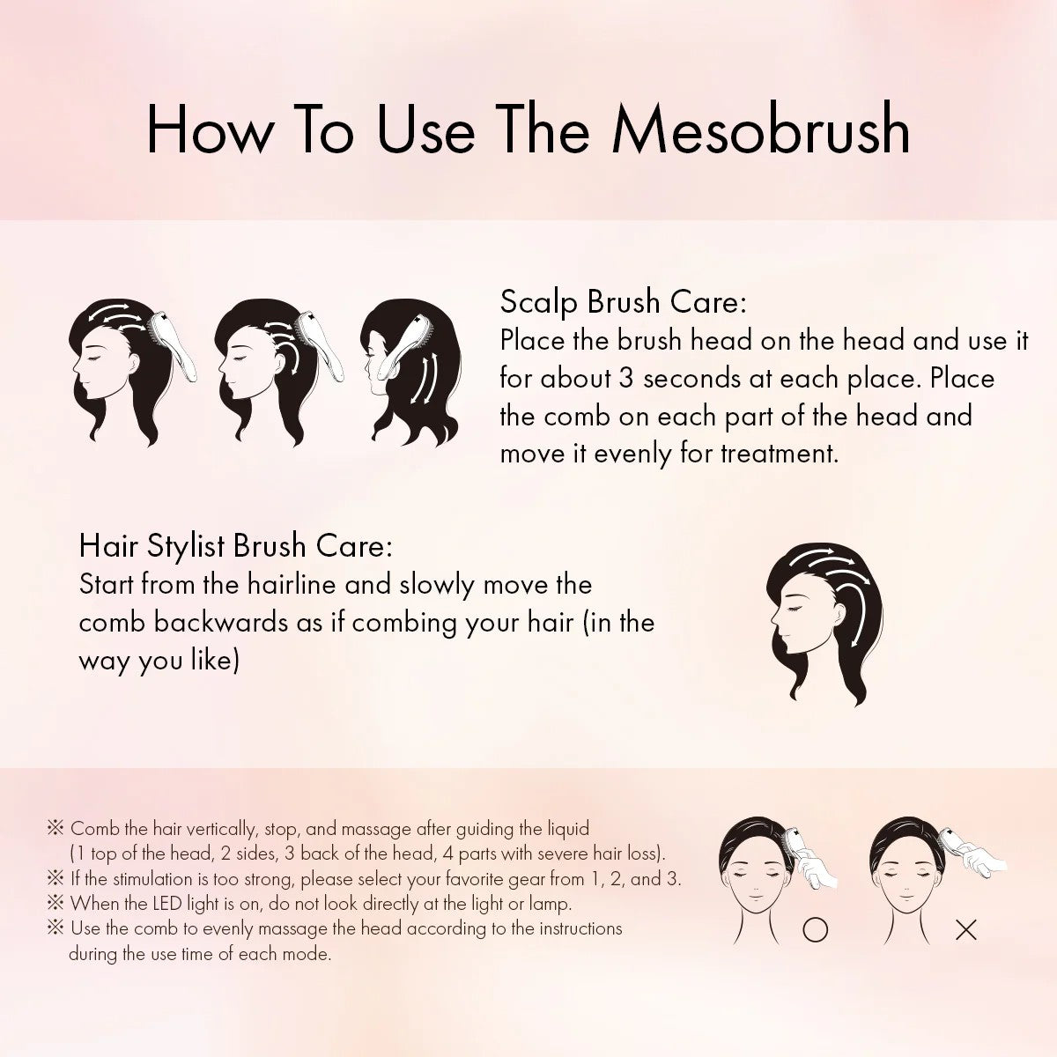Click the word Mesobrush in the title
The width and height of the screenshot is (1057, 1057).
[761, 130]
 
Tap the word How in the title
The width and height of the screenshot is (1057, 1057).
[210, 130]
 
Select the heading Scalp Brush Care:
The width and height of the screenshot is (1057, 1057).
[623, 302]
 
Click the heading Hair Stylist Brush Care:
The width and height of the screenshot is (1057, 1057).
[236, 546]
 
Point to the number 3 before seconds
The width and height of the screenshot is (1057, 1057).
[626, 379]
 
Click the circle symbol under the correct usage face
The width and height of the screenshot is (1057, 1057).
[815, 930]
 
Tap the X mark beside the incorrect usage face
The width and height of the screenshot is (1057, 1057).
[965, 930]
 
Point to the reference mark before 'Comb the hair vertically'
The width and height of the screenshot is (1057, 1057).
[55, 828]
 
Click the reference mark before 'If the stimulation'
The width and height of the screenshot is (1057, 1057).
[55, 879]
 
